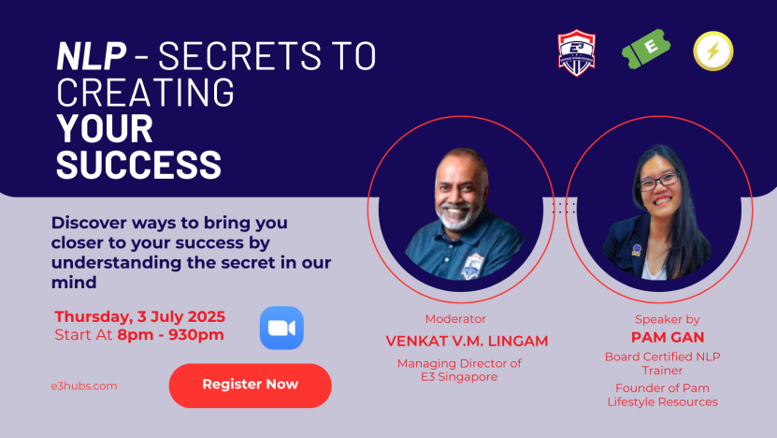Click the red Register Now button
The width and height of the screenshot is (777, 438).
[x=251, y=386]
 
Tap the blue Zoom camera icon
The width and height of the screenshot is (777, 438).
[x=281, y=328]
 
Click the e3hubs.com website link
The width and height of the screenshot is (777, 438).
[x=84, y=386]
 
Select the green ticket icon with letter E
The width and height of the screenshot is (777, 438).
[x=646, y=49]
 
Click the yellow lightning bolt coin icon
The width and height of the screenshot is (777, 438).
[x=713, y=51]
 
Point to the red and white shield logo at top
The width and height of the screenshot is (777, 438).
[x=576, y=52]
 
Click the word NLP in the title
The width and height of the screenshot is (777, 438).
[x=92, y=55]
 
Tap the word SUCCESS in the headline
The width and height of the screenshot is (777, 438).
[x=138, y=164]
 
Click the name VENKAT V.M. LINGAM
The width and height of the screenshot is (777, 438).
[x=467, y=342]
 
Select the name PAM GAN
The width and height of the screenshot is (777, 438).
[x=668, y=337]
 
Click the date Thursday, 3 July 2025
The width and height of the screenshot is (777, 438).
[x=139, y=316]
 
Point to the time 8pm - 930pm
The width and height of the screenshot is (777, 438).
[x=170, y=335]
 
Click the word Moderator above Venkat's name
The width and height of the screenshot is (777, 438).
[x=455, y=319]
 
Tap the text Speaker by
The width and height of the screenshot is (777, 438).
[x=667, y=319]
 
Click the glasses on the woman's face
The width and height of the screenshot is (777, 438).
[x=658, y=182]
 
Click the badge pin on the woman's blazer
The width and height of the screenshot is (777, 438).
[x=636, y=250]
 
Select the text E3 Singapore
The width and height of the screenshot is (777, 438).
[x=459, y=377]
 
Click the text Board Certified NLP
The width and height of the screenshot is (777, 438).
[x=663, y=358]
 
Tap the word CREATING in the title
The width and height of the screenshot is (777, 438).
[x=145, y=92]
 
